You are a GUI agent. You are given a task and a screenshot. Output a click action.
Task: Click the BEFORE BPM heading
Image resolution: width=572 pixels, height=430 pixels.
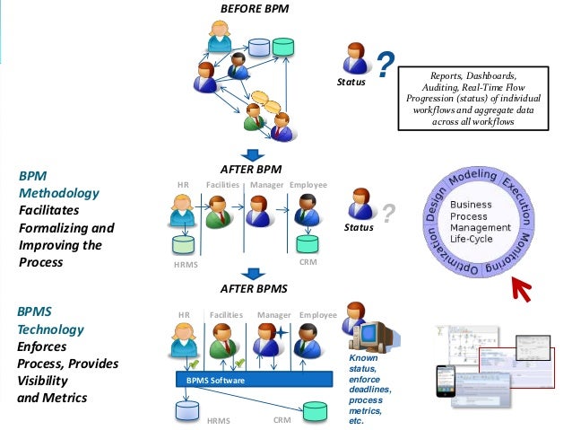click(x=255, y=9)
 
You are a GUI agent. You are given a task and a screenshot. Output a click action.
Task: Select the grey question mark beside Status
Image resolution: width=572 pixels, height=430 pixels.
click(x=388, y=214)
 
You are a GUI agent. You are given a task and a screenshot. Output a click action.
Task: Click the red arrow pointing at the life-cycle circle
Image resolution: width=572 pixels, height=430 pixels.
click(x=523, y=289)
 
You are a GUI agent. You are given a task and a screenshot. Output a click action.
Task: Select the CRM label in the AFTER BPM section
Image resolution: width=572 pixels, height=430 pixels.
click(x=308, y=262)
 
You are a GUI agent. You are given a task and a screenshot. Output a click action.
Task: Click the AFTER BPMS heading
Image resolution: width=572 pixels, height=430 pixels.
click(x=254, y=289)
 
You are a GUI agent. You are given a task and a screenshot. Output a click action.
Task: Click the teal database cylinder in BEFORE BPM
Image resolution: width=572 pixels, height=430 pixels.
click(x=284, y=46)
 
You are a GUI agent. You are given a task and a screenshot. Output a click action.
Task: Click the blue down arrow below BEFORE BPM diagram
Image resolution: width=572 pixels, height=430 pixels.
click(x=254, y=155)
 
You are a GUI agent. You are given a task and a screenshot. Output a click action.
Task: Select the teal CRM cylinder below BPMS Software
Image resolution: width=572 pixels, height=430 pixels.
click(x=315, y=411)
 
